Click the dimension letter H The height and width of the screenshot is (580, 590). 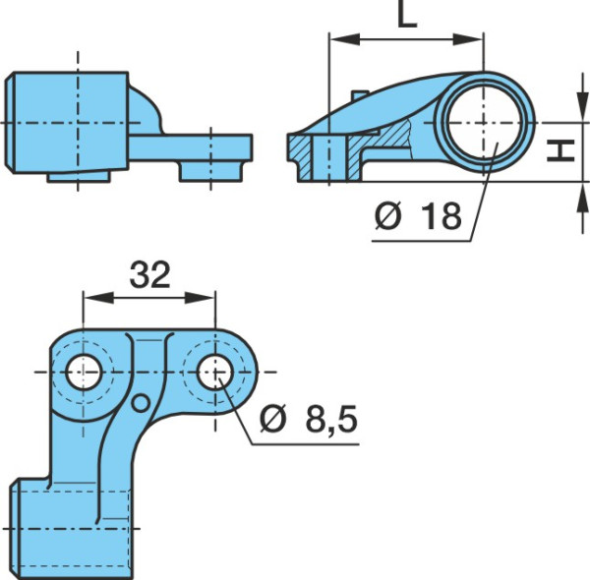560,150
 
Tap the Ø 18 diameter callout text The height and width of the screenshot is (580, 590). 418,216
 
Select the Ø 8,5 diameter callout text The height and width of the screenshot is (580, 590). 308,419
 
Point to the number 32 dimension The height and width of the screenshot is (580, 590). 149,274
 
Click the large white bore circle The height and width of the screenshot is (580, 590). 484,123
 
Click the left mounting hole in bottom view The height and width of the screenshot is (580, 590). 84,372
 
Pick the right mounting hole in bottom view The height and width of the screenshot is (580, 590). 214,372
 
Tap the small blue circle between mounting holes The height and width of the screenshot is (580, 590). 141,403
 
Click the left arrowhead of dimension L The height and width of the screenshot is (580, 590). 344,39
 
